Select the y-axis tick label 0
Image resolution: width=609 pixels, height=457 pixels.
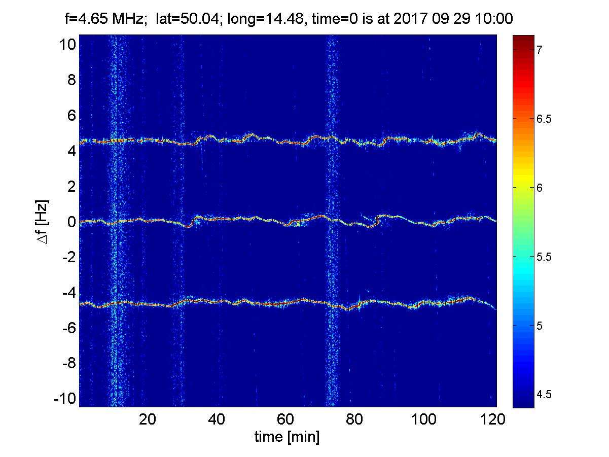[x=71, y=222]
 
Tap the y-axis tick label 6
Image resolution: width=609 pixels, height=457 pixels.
[x=71, y=116]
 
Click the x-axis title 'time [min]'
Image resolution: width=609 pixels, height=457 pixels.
[x=287, y=437]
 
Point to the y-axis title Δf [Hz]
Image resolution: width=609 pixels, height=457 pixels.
[x=43, y=221]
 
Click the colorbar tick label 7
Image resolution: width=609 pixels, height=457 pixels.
[x=541, y=50]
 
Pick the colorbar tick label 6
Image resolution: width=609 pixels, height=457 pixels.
[x=541, y=188]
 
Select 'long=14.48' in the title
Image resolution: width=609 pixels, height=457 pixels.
[x=271, y=20]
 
